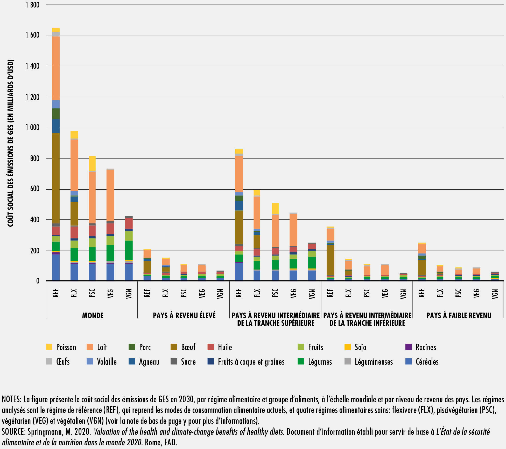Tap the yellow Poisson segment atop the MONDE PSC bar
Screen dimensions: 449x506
[x=92, y=163]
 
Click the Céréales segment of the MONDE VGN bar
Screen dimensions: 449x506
[x=129, y=272]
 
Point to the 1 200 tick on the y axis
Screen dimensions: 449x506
[x=32, y=97]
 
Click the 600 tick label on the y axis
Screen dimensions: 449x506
[x=35, y=189]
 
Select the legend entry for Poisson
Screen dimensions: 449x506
[x=61, y=347]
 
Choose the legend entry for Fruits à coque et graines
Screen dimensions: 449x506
[x=246, y=362]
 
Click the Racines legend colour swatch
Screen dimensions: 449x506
[x=409, y=347]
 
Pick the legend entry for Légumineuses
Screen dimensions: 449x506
[x=369, y=362]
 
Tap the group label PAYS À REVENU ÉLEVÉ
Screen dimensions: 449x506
[x=184, y=315]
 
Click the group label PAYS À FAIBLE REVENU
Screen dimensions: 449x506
[x=459, y=315]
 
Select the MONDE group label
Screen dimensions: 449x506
[x=93, y=315]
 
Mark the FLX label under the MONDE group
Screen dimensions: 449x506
[x=74, y=293]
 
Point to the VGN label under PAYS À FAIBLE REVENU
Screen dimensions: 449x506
[x=495, y=294]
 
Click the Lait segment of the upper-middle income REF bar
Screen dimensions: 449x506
[x=239, y=174]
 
